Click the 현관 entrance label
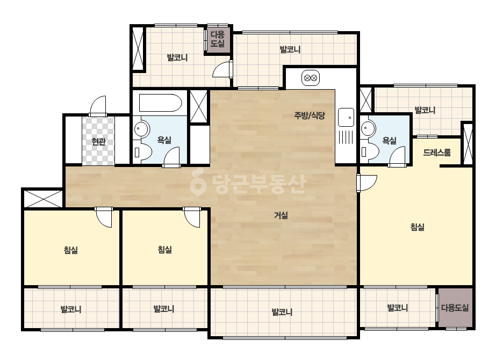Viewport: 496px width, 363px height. [98, 141]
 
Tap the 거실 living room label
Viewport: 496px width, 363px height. [281, 215]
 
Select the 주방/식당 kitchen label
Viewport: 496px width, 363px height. [310, 115]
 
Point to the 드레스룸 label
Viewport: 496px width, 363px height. [436, 153]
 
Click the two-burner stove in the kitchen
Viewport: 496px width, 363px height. [310, 78]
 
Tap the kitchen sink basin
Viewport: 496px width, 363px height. [346, 117]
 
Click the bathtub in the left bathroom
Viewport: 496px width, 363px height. [160, 103]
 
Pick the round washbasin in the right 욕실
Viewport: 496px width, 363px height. [366, 129]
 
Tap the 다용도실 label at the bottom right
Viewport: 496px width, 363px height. [455, 308]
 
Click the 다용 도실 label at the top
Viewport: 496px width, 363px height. [218, 39]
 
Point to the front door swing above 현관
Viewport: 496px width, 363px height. [98, 106]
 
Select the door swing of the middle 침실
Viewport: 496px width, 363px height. [192, 217]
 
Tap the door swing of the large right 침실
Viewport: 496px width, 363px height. [367, 183]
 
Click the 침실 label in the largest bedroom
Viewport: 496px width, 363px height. [417, 227]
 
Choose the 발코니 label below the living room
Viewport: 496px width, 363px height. [282, 312]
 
